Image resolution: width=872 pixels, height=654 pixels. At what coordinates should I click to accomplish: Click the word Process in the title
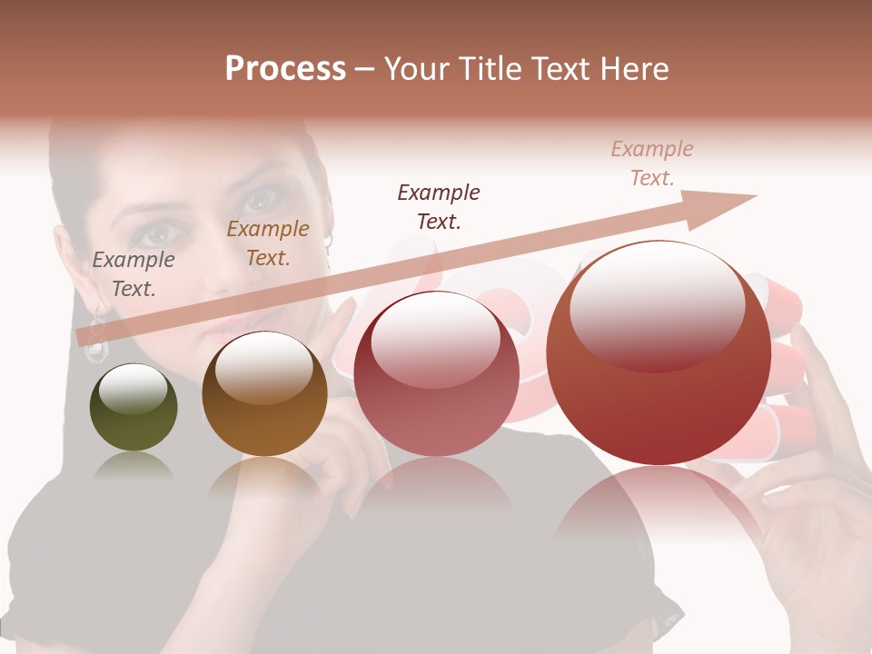click(285, 69)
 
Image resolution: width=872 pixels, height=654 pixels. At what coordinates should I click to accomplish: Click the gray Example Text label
click(134, 273)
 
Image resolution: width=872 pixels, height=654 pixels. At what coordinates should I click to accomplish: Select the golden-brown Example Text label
click(267, 243)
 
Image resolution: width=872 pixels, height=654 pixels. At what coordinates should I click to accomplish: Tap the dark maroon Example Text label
click(439, 206)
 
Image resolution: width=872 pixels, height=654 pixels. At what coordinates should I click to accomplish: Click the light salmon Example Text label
click(651, 163)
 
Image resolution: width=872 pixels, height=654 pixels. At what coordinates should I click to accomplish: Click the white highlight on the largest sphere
click(656, 304)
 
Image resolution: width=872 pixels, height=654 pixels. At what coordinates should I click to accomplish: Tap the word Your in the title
click(418, 69)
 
